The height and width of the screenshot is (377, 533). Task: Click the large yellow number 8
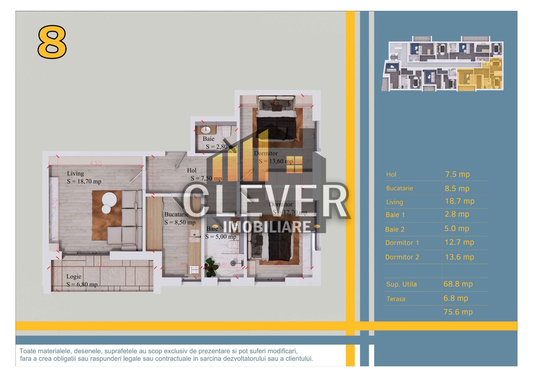click(x=52, y=42)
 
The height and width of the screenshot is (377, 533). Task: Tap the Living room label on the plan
click(x=75, y=173)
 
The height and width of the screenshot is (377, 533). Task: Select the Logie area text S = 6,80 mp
click(x=82, y=284)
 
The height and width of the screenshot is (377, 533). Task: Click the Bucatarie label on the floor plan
click(x=176, y=214)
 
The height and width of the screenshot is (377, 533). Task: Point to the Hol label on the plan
click(x=192, y=170)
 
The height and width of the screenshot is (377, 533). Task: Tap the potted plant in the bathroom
click(x=211, y=267)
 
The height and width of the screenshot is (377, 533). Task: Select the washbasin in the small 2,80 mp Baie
click(x=205, y=131)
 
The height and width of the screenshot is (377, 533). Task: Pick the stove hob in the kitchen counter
click(x=194, y=269)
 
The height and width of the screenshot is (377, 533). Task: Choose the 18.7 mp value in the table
click(x=459, y=201)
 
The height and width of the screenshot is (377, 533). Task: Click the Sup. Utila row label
click(x=401, y=284)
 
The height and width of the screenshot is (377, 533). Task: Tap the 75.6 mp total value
click(x=458, y=312)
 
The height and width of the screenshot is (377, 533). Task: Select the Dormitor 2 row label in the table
click(x=402, y=257)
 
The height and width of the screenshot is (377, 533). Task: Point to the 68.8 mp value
click(x=458, y=284)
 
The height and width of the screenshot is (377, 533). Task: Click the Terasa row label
click(x=396, y=299)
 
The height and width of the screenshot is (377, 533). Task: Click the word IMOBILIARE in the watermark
click(x=267, y=227)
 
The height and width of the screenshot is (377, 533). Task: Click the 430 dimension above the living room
click(x=95, y=163)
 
